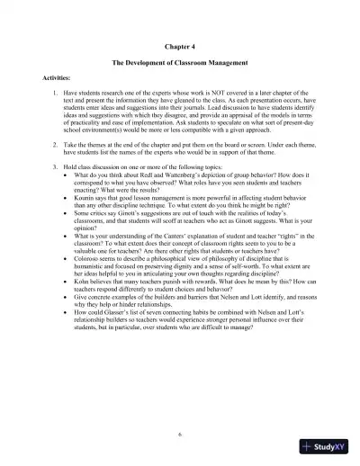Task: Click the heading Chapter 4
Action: (x=179, y=42)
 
